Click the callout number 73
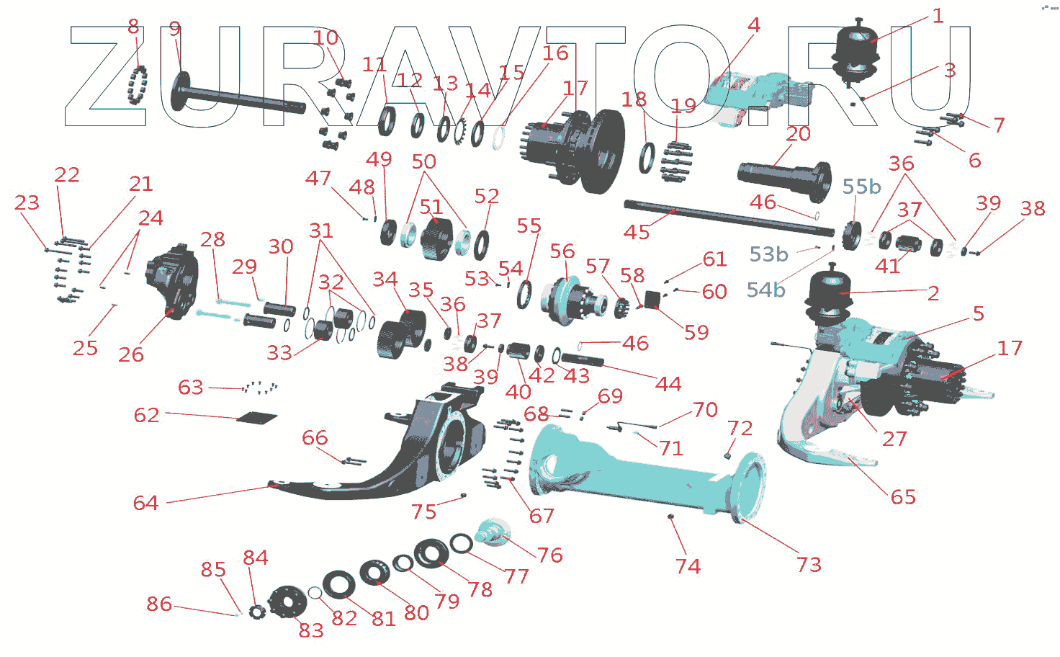809,564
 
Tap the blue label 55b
861,187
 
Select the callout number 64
145,503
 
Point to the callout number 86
159,604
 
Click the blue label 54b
765,290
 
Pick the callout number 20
798,134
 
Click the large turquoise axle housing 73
634,475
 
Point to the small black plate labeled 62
257,417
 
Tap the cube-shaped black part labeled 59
652,299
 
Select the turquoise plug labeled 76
495,532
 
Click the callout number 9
175,29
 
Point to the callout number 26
131,354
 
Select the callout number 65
903,497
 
